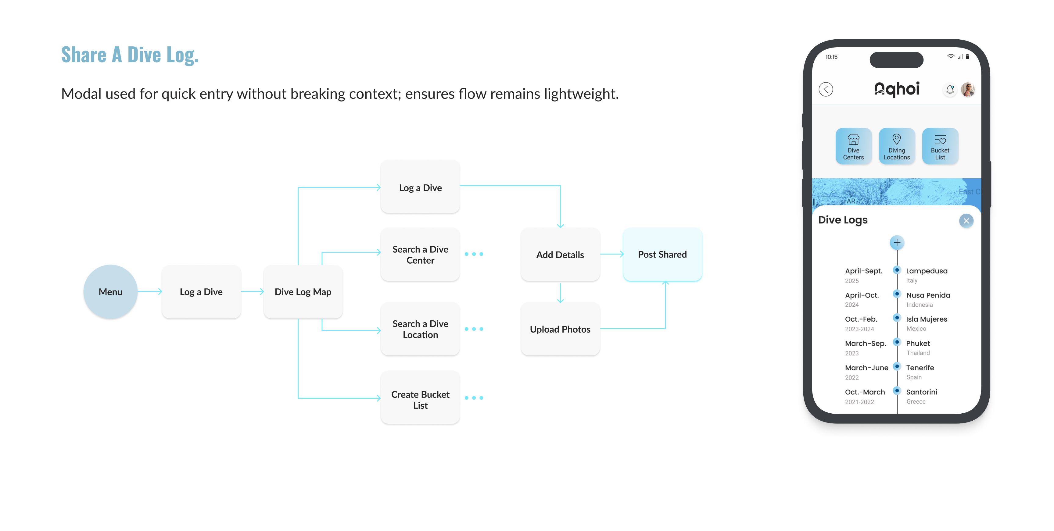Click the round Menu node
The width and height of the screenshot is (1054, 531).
pyautogui.click(x=110, y=292)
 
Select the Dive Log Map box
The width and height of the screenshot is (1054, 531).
pyautogui.click(x=303, y=292)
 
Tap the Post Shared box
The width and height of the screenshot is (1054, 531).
pyautogui.click(x=662, y=255)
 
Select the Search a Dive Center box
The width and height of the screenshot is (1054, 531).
pyautogui.click(x=420, y=255)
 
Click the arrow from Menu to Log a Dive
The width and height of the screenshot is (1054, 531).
pyautogui.click(x=150, y=292)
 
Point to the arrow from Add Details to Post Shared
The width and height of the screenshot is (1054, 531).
pyautogui.click(x=612, y=255)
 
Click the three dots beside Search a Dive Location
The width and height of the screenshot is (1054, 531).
pyautogui.click(x=474, y=329)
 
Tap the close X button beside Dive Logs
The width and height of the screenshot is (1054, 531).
pyautogui.click(x=966, y=221)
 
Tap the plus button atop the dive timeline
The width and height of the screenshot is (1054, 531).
pyautogui.click(x=897, y=243)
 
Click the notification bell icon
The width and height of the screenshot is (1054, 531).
pyautogui.click(x=950, y=89)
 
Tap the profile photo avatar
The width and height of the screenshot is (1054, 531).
pyautogui.click(x=968, y=89)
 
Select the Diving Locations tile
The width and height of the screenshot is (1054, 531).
pyautogui.click(x=896, y=146)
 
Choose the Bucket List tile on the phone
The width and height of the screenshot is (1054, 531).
pyautogui.click(x=940, y=146)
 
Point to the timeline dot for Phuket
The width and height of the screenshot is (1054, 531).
pyautogui.click(x=897, y=342)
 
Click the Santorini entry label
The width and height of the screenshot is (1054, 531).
pyautogui.click(x=921, y=392)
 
